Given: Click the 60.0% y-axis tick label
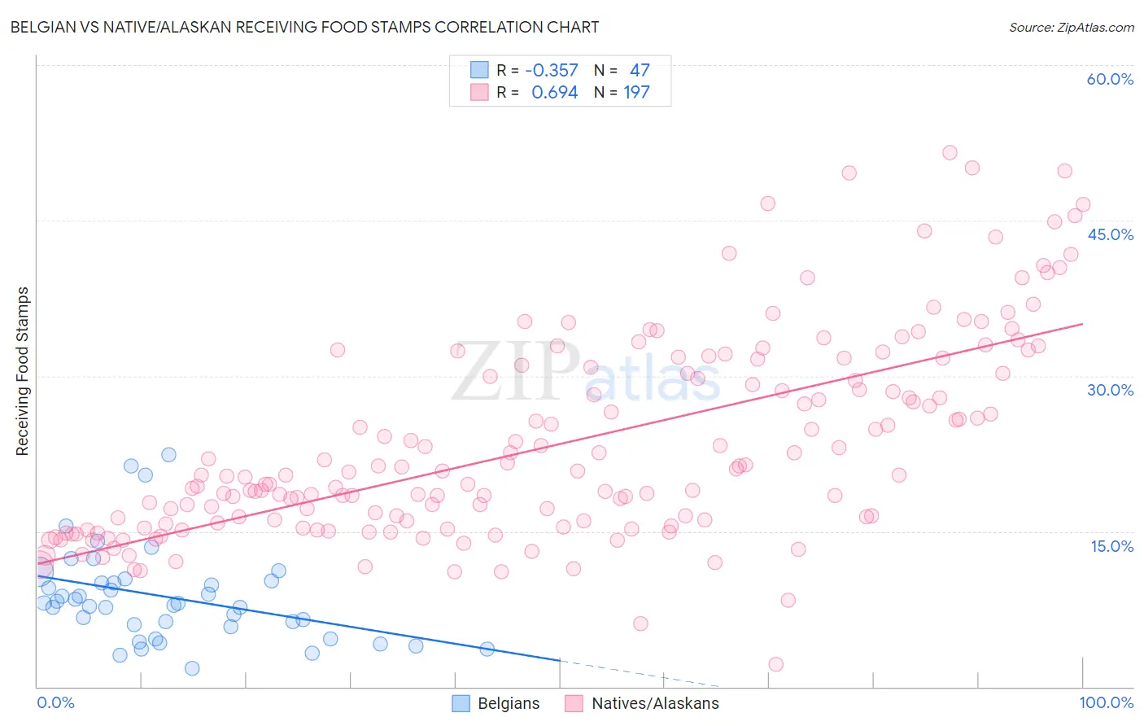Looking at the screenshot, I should pos(1110,79).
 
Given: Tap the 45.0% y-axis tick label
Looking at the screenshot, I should pos(1110,234).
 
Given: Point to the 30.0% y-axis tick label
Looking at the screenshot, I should pos(1110,390).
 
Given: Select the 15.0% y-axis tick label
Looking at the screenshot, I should pos(1111,546).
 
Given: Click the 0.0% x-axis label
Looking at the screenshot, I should pos(55,702).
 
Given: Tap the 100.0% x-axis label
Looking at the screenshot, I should pos(1106,702).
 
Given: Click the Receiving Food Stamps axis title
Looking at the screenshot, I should pos(23,371).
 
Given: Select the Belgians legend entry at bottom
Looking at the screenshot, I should pos(496,703).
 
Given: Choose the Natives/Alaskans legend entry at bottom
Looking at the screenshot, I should pos(643,703).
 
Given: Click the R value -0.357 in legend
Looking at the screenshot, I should pos(552,70).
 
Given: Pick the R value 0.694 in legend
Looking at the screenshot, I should pos(554,92).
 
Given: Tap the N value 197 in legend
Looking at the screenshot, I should pos(636,92).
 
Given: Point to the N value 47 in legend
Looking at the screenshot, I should pos(640,70).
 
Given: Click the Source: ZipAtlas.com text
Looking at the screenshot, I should pos(1071,27).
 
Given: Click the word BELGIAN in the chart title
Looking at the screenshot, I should pos(45,27).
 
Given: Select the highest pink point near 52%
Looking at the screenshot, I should pos(950,152).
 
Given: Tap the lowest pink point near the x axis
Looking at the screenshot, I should pos(775,664).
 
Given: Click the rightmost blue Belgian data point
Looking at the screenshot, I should pos(487,649).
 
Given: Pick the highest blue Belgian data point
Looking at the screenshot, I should pos(168,454).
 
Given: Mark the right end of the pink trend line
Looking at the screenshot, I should pos(1082,324).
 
